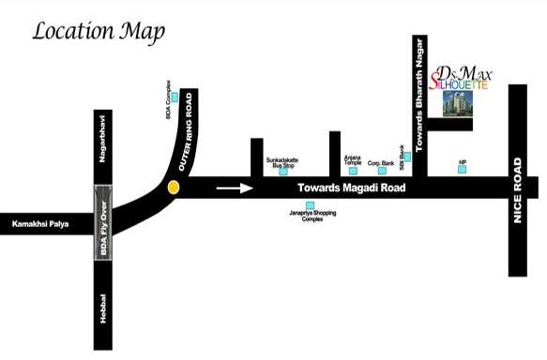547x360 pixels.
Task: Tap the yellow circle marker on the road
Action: click(x=173, y=187)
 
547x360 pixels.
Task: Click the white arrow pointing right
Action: click(x=235, y=187)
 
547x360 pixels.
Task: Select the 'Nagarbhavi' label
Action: click(x=105, y=137)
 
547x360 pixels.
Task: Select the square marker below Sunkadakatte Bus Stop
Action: click(x=283, y=171)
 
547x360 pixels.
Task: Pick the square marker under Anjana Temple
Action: click(x=352, y=171)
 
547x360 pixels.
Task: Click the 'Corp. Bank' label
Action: click(x=380, y=162)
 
